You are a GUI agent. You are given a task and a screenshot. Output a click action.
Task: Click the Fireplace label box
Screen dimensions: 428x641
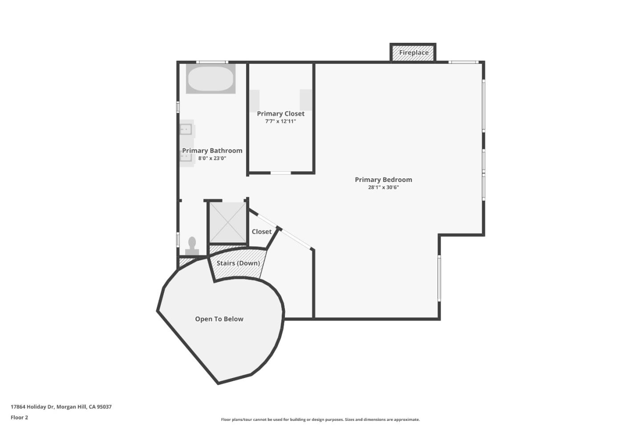pyautogui.click(x=414, y=53)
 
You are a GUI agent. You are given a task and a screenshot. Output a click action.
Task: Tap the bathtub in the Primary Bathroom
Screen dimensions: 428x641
pyautogui.click(x=211, y=79)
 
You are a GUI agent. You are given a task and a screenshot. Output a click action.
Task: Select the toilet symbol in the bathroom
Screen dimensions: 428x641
pyautogui.click(x=192, y=247)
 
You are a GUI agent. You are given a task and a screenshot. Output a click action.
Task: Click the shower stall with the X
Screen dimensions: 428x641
pyautogui.click(x=227, y=222)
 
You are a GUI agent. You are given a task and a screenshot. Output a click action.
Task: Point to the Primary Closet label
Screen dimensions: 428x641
pyautogui.click(x=280, y=114)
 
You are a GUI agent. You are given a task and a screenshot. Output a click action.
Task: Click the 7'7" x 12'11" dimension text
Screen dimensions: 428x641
pyautogui.click(x=280, y=121)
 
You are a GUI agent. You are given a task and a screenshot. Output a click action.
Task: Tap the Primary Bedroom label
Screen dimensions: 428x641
pyautogui.click(x=383, y=180)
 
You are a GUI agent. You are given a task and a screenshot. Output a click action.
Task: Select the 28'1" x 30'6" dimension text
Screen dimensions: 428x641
pyautogui.click(x=383, y=187)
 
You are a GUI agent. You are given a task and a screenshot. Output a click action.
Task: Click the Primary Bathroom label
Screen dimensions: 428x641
pyautogui.click(x=212, y=151)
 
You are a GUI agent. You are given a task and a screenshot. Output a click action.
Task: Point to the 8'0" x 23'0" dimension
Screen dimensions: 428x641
pyautogui.click(x=212, y=158)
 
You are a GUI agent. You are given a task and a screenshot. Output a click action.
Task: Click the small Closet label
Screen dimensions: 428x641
pyautogui.click(x=261, y=232)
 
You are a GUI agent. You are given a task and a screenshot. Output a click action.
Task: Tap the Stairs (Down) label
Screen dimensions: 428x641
pyautogui.click(x=238, y=263)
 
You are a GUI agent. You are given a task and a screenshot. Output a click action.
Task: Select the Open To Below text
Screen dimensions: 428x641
pyautogui.click(x=219, y=319)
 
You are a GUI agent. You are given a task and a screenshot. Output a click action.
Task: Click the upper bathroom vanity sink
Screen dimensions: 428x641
pyautogui.click(x=186, y=129)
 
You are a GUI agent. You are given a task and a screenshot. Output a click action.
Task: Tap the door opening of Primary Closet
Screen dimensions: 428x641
pyautogui.click(x=280, y=173)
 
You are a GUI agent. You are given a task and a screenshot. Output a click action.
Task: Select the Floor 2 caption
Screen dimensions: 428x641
pyautogui.click(x=19, y=418)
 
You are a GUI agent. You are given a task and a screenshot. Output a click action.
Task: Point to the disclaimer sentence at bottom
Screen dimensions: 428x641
pyautogui.click(x=320, y=420)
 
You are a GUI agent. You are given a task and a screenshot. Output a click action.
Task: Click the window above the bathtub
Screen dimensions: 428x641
pyautogui.click(x=212, y=62)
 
